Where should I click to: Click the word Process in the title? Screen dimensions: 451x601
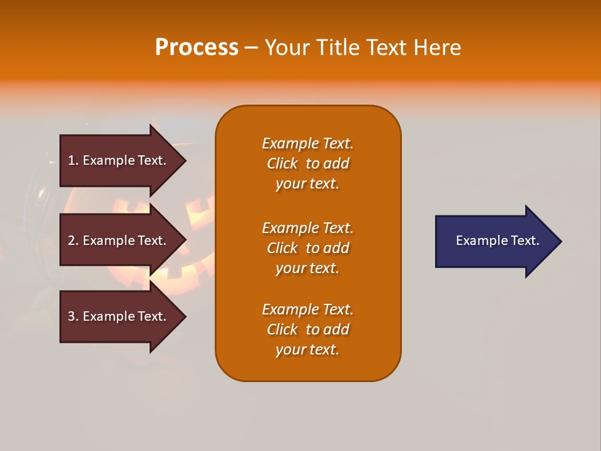pos(197,48)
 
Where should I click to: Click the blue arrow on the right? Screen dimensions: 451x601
pos(495,241)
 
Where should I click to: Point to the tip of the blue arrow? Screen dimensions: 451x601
pos(560,241)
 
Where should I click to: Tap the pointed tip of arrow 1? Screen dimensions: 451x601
pos(184,161)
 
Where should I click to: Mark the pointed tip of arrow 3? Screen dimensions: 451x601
pos(184,317)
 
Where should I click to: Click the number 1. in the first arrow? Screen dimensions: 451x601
pos(73,160)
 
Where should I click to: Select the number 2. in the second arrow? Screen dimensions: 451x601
pos(73,241)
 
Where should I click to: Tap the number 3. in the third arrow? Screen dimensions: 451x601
pos(73,316)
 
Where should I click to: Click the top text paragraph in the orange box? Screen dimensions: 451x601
pos(307,163)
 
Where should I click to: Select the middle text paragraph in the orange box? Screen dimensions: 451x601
pos(307,247)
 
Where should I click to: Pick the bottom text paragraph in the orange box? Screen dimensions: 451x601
pos(307,329)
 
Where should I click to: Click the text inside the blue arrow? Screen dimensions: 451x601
pos(497,241)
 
